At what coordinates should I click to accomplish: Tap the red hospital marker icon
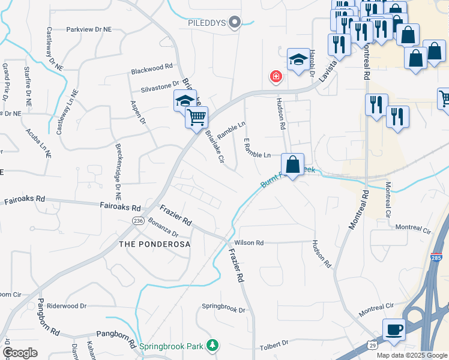pyautogui.click(x=276, y=77)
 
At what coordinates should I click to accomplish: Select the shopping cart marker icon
pyautogui.click(x=197, y=117)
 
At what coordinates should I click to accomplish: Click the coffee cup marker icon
pyautogui.click(x=393, y=329)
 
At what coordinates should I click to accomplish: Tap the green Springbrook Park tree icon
pyautogui.click(x=212, y=345)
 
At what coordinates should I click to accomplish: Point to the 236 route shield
pyautogui.click(x=138, y=221)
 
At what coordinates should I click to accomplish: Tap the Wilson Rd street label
pyautogui.click(x=249, y=243)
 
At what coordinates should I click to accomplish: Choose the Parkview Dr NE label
pyautogui.click(x=88, y=29)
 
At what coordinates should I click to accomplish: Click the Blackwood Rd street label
pyautogui.click(x=152, y=71)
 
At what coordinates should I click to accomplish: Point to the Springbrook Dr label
pyautogui.click(x=223, y=310)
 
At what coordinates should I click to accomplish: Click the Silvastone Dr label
pyautogui.click(x=160, y=88)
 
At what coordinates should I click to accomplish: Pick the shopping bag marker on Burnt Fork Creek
pyautogui.click(x=292, y=165)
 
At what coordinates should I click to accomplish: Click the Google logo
pyautogui.click(x=20, y=353)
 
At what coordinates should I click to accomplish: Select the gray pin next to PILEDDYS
pyautogui.click(x=235, y=23)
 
